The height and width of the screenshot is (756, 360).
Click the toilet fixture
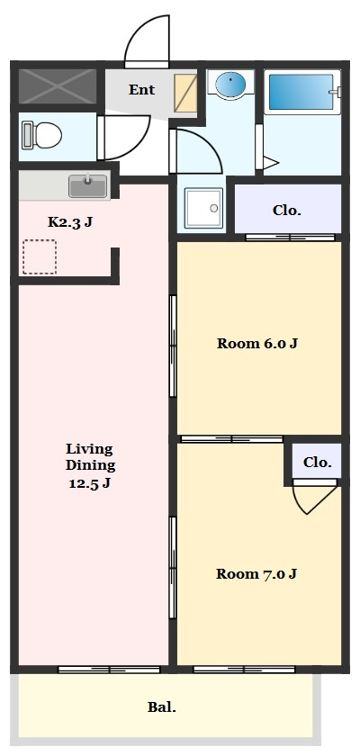point(42,136)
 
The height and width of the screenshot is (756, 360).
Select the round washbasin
point(230,85)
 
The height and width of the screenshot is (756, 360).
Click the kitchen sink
point(87,186)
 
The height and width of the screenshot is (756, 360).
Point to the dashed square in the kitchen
point(40,257)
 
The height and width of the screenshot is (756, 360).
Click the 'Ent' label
point(141,90)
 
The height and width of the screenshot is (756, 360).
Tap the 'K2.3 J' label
point(70,221)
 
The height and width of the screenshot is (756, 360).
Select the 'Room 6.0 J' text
point(256,343)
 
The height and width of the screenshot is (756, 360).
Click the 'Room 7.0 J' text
point(256,574)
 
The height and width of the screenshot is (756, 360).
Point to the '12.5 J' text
point(90,482)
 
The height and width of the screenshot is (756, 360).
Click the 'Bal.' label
point(161,707)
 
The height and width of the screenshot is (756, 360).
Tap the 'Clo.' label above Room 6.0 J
point(287,211)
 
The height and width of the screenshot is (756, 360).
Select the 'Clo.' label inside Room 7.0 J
point(317,463)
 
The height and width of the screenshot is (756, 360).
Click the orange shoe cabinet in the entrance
point(185,93)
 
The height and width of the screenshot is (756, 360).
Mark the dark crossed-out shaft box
point(58,85)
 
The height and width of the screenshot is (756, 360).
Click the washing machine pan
point(204,208)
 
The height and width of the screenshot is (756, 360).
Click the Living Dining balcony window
point(109,670)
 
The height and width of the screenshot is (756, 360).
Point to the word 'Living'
point(90,449)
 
